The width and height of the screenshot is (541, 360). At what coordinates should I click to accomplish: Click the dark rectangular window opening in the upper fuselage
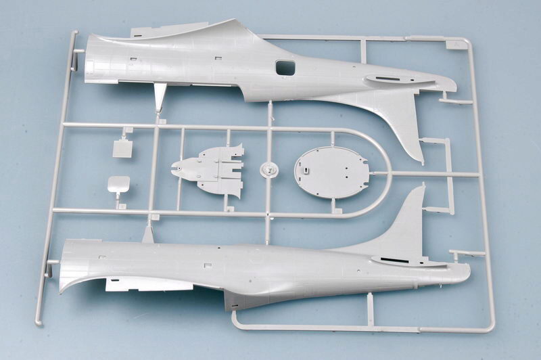coord(285,67)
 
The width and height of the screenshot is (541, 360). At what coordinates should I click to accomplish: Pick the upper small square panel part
coord(122,148)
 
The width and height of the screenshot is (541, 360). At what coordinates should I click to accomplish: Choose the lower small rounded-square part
coord(118,184)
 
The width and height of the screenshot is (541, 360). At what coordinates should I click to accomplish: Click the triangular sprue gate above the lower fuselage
coord(147,234)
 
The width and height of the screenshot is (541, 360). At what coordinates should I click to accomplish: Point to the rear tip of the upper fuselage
coord(451,87)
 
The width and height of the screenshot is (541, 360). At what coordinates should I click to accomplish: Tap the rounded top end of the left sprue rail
coord(74,34)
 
